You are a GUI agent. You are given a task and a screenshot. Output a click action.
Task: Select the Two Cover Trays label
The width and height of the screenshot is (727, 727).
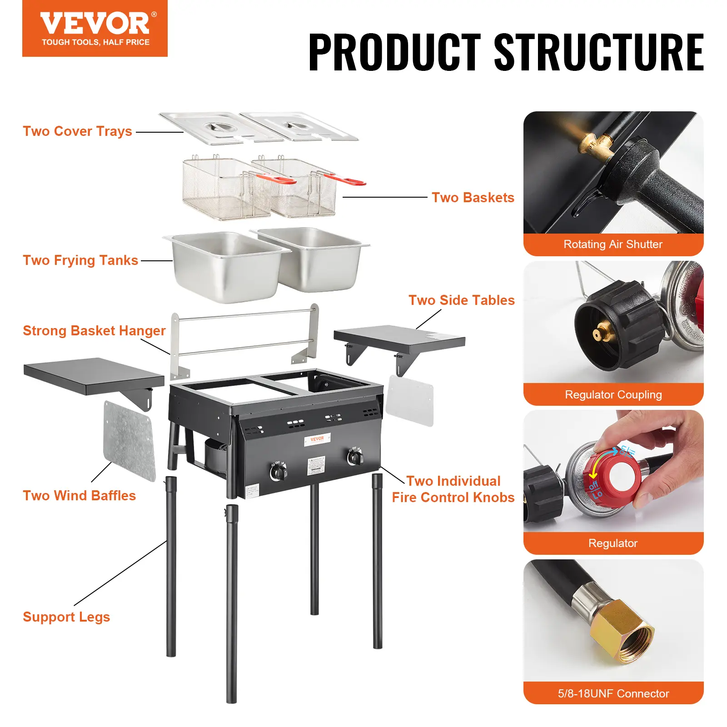(x=77, y=131)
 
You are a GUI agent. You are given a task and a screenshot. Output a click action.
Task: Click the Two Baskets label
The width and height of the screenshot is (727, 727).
(x=473, y=198)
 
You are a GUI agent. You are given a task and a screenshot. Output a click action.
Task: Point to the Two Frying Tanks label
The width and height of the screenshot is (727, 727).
(x=80, y=260)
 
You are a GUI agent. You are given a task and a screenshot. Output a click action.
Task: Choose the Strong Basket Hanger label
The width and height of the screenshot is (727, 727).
(x=94, y=331)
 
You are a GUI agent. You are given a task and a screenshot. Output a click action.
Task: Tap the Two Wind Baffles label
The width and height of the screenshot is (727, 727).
(x=79, y=496)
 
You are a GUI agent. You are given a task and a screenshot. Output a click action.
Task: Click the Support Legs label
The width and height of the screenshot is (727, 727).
(x=66, y=617)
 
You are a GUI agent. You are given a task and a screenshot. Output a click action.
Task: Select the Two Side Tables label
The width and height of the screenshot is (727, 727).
(x=461, y=300)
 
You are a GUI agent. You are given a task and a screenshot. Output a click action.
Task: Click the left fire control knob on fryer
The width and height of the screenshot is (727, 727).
(x=278, y=473)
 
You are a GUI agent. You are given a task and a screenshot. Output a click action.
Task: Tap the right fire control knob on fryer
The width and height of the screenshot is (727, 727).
(x=355, y=458)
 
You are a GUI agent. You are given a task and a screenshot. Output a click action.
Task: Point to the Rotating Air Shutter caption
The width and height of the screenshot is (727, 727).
(x=613, y=244)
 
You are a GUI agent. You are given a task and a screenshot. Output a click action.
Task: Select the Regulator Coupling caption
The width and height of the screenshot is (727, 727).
(x=613, y=394)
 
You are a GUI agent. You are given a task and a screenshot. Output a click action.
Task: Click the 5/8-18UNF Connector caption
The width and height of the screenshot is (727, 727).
(x=613, y=693)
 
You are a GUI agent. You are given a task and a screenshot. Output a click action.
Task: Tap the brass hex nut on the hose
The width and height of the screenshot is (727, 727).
(x=622, y=632)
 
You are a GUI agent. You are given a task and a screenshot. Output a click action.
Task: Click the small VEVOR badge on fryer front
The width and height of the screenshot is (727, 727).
(x=317, y=439)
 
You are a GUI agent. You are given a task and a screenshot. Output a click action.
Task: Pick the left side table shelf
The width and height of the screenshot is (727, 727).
(x=93, y=375)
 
